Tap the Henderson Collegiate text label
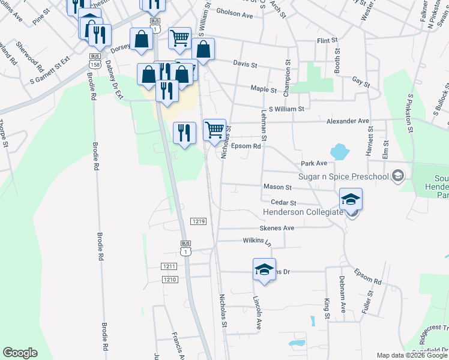pos(301,213)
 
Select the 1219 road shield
pos(199,221)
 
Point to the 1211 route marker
pos(170,266)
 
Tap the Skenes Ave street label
pos(277,228)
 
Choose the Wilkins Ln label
pos(258,241)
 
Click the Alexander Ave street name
pos(348,121)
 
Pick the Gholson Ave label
pos(234,14)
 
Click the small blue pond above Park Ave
pos(339,152)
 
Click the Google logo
pos(20,353)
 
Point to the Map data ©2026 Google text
pos(412,355)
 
